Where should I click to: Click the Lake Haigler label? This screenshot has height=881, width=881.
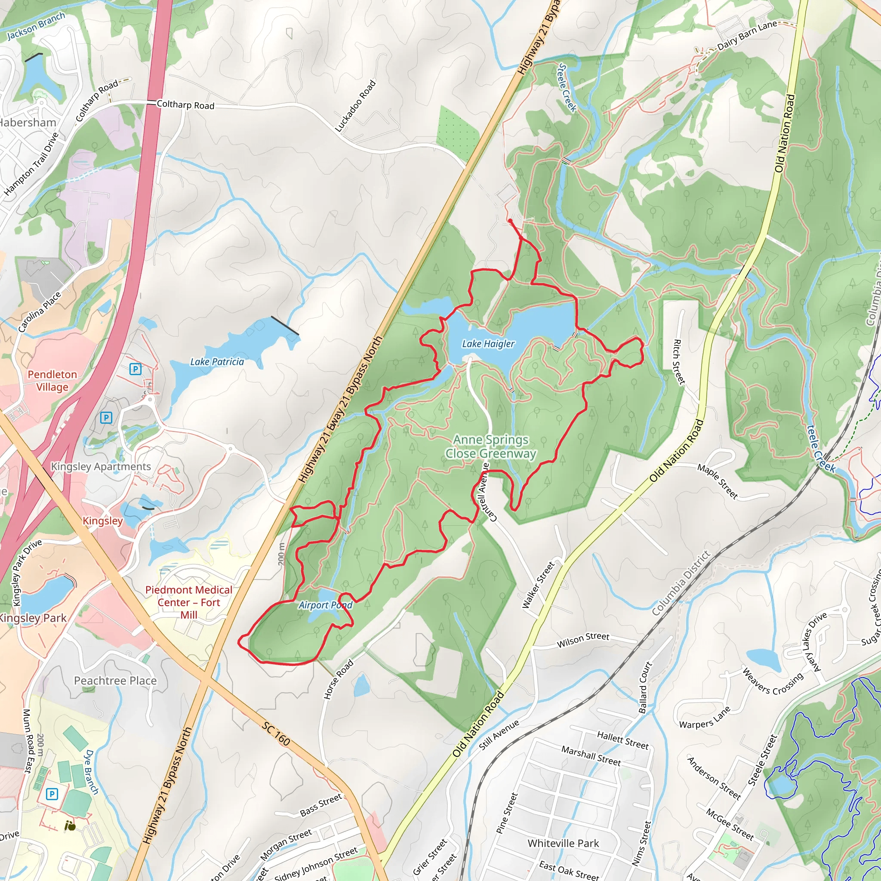point(488,344)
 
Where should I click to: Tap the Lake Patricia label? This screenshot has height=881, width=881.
point(217,362)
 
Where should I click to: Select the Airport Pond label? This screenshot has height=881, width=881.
point(325,605)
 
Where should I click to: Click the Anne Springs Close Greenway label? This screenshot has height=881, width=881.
point(491,447)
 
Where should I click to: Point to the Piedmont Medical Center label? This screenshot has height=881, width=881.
point(189,602)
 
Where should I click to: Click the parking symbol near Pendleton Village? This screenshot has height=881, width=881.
point(135,369)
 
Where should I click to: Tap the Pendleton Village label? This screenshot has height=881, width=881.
point(52,380)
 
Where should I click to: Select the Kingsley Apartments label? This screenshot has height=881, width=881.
point(100,466)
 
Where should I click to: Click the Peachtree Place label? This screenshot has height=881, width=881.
point(115,681)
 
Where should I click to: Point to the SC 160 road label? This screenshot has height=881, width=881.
point(276,733)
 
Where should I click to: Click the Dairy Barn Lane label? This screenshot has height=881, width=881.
point(746,36)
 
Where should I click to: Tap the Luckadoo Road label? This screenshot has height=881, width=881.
point(355,106)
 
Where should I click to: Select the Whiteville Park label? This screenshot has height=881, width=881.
point(563,843)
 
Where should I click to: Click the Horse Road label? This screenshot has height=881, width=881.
point(339,679)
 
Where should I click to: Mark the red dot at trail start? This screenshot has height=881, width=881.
point(510,221)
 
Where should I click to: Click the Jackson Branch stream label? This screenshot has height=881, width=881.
point(36,26)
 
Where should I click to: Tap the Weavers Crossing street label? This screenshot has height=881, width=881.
point(772,681)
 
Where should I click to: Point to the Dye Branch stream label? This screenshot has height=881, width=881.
point(91,772)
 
